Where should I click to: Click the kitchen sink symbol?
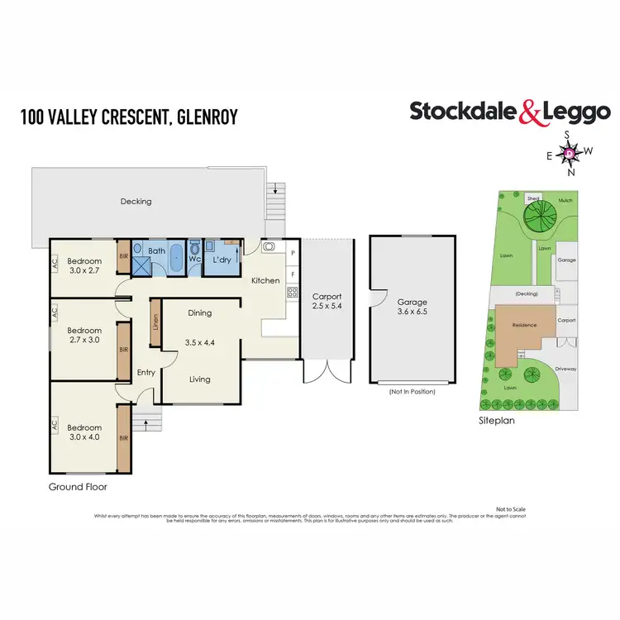pos(269,246)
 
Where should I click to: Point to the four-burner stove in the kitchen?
pos(293,291)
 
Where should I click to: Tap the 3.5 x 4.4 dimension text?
pos(199,341)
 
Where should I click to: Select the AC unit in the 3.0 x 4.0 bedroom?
pos(55,425)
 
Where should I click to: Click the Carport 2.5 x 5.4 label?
pos(327,301)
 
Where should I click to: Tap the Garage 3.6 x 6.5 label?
pos(412,308)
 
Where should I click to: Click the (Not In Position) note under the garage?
pos(412,391)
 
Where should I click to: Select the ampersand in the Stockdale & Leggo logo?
pos(530,112)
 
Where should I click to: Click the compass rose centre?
pos(570,153)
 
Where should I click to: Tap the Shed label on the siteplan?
pos(533,198)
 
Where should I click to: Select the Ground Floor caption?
pos(78,487)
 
